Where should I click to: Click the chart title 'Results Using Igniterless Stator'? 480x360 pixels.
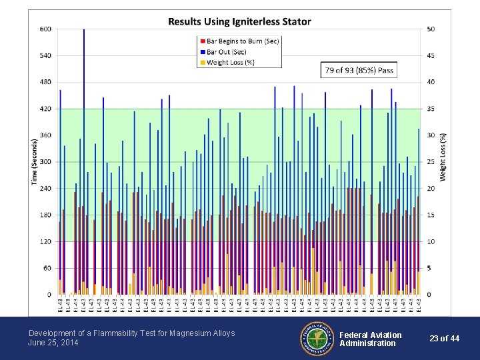(x=239, y=21)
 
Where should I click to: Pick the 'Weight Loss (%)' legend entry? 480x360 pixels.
(x=231, y=62)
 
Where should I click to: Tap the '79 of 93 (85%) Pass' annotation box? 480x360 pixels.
(x=359, y=70)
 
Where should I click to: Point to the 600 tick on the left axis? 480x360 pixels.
(x=45, y=29)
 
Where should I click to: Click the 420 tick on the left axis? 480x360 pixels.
(x=45, y=109)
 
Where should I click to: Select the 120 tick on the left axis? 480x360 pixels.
(x=45, y=241)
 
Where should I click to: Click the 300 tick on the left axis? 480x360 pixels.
(x=45, y=162)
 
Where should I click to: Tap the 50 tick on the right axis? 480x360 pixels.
(x=431, y=29)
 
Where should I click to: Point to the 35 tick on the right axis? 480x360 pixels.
(x=431, y=109)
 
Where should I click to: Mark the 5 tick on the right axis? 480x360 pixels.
(x=429, y=268)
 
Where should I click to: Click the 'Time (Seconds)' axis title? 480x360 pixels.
(x=34, y=162)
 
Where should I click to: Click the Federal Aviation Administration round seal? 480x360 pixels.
(x=316, y=338)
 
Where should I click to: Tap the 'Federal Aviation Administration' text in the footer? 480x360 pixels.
(x=371, y=339)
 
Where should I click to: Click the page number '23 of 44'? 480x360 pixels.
(x=444, y=339)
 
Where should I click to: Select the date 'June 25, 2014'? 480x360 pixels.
(x=53, y=343)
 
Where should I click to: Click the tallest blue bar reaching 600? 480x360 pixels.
(x=84, y=160)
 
